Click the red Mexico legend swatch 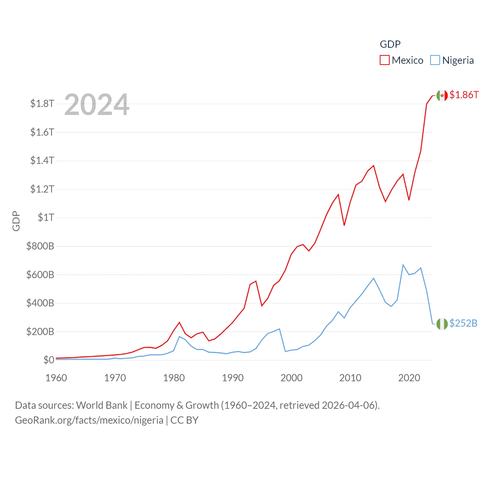click(x=384, y=60)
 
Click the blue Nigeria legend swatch click(x=435, y=60)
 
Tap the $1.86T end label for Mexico click(x=464, y=95)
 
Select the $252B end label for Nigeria click(x=463, y=323)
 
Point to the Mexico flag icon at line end click(x=442, y=96)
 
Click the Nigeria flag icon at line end click(x=442, y=324)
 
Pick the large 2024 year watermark click(x=97, y=105)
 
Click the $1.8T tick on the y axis click(x=42, y=104)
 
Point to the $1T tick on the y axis click(x=46, y=217)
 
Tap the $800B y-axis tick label click(x=40, y=246)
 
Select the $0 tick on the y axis click(x=49, y=360)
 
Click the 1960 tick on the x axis click(x=56, y=378)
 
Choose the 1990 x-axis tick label click(x=233, y=378)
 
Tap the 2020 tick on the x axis click(x=409, y=378)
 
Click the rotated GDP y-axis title click(x=16, y=221)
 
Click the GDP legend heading click(x=390, y=44)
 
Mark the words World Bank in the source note click(x=102, y=405)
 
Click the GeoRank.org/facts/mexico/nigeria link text click(x=89, y=420)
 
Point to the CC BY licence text click(x=185, y=420)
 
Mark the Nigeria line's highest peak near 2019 click(x=403, y=265)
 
